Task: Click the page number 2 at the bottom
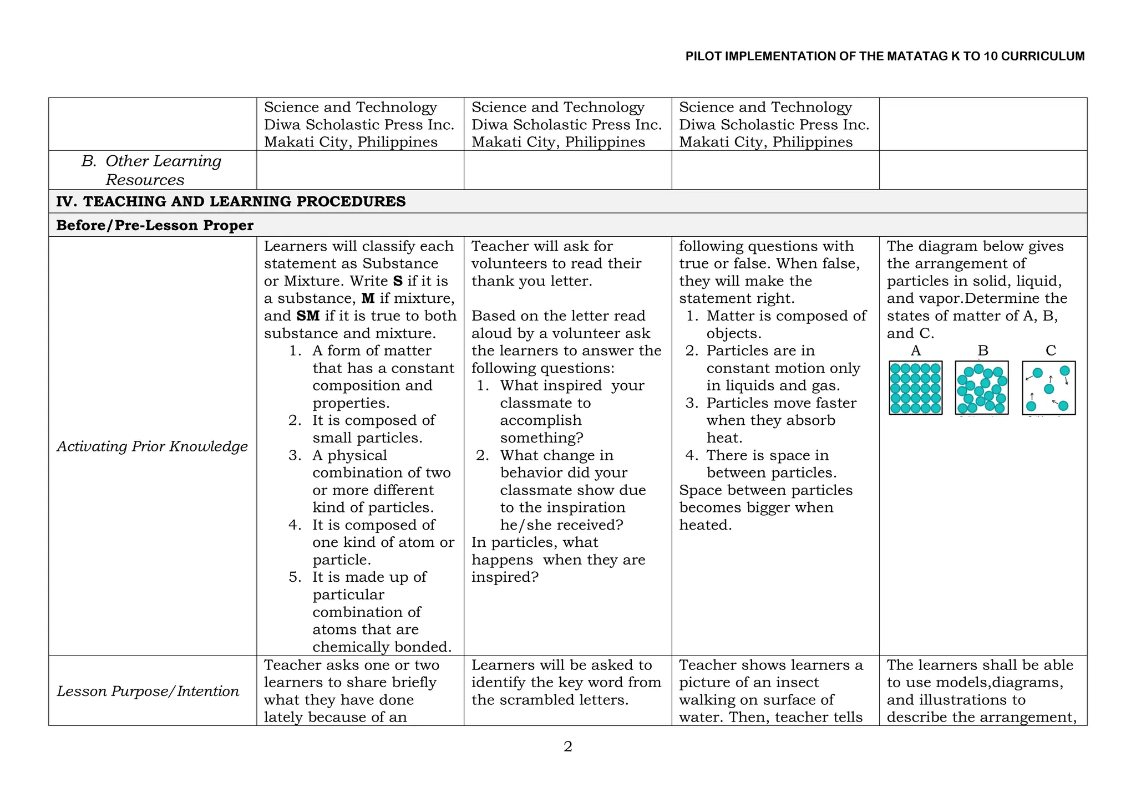click(567, 746)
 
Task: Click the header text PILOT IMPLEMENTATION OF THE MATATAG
click(884, 56)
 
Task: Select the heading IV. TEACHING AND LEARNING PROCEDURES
click(231, 201)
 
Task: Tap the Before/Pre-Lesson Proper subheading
click(155, 225)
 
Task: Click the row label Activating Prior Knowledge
click(152, 446)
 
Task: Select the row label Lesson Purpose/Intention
click(148, 691)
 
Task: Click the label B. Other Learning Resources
click(151, 170)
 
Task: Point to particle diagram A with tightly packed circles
click(915, 388)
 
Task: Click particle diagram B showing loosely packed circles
click(981, 388)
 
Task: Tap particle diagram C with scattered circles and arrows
click(1048, 388)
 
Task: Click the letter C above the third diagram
click(1051, 350)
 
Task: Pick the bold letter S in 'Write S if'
click(397, 281)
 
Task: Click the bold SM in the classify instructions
click(308, 316)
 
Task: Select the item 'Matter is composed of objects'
click(785, 324)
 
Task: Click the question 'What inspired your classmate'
click(571, 386)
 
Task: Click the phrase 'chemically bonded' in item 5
click(382, 647)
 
